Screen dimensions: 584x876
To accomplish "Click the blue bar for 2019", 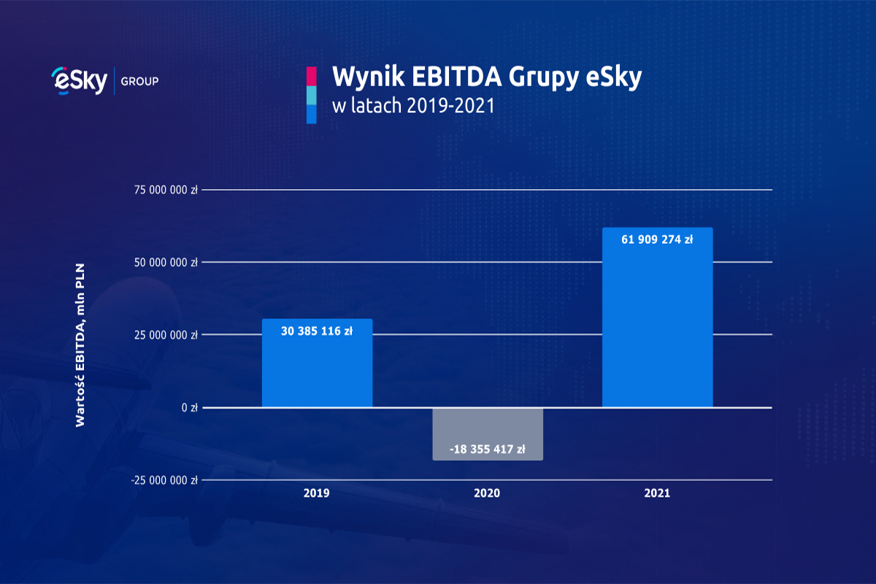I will pos(317,372).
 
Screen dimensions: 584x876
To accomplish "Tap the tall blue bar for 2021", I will pos(657,328).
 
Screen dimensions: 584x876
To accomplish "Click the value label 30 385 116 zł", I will pos(317,331).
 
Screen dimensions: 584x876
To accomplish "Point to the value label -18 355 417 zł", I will pos(488,450).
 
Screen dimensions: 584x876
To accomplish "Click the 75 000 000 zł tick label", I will pos(165,190).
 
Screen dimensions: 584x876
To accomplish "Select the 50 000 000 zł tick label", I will pos(165,262).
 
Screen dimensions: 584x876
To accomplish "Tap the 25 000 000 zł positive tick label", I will pos(165,335).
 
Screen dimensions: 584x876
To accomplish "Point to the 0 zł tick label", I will pos(190,407).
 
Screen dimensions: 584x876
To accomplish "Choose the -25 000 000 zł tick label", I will pos(164,480).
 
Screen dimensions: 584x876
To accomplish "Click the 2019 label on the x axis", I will pos(317,493).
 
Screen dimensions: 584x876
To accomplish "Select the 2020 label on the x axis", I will pos(487,493).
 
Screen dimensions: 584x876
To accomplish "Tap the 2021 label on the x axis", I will pos(657,493).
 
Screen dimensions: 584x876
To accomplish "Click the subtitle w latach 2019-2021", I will pos(413,106).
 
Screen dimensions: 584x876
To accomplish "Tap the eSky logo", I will pos(80,80).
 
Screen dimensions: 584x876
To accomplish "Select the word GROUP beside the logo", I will pos(139,80).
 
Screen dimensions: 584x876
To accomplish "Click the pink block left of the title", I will pos(311,76).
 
